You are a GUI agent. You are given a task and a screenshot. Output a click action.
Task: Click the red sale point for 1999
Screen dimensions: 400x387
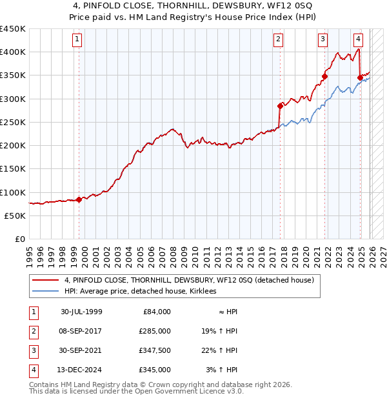[x=79, y=199]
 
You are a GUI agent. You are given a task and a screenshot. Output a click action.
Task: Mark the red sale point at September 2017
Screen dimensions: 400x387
[x=280, y=106]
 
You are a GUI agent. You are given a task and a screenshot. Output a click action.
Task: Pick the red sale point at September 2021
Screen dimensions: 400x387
[x=324, y=76]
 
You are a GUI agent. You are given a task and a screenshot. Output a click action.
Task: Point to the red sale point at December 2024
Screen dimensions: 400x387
[x=360, y=77]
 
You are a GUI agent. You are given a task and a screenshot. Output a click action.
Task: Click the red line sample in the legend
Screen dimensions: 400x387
[x=46, y=280]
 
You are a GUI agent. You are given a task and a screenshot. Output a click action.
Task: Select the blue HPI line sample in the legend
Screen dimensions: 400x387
[x=46, y=291]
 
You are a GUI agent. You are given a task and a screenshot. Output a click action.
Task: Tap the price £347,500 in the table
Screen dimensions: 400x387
[x=155, y=350]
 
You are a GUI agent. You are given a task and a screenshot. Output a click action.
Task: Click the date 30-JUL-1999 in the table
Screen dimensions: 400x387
[x=81, y=312]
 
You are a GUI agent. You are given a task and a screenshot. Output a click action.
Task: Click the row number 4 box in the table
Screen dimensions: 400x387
[x=32, y=370]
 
